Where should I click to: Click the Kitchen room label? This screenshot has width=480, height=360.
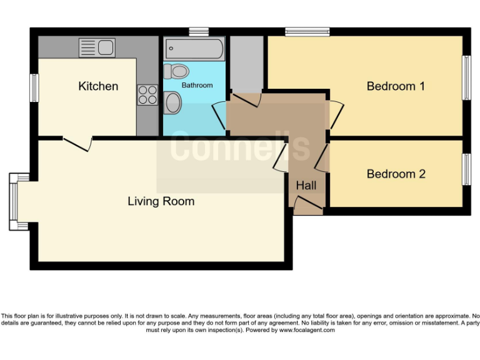[98, 86]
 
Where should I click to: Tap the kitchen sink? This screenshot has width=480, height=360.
[96, 47]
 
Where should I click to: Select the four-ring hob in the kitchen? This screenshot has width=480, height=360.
[148, 95]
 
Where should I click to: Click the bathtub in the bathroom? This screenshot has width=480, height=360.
[194, 49]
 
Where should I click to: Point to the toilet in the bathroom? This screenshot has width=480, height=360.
[176, 71]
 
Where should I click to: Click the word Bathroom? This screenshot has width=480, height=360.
[197, 85]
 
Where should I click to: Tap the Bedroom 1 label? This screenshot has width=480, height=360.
[396, 86]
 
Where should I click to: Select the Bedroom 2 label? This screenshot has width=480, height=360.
[396, 174]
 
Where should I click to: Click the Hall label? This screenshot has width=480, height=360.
[306, 186]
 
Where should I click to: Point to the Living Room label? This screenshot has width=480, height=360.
[161, 201]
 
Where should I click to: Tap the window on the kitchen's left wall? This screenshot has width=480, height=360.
[34, 87]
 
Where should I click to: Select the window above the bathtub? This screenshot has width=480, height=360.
[199, 31]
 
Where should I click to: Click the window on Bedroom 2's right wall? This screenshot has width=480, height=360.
[466, 169]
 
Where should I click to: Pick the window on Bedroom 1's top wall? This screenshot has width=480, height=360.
[307, 31]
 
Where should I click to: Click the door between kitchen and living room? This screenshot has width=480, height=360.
[77, 142]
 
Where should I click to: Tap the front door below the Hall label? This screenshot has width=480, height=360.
[307, 204]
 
